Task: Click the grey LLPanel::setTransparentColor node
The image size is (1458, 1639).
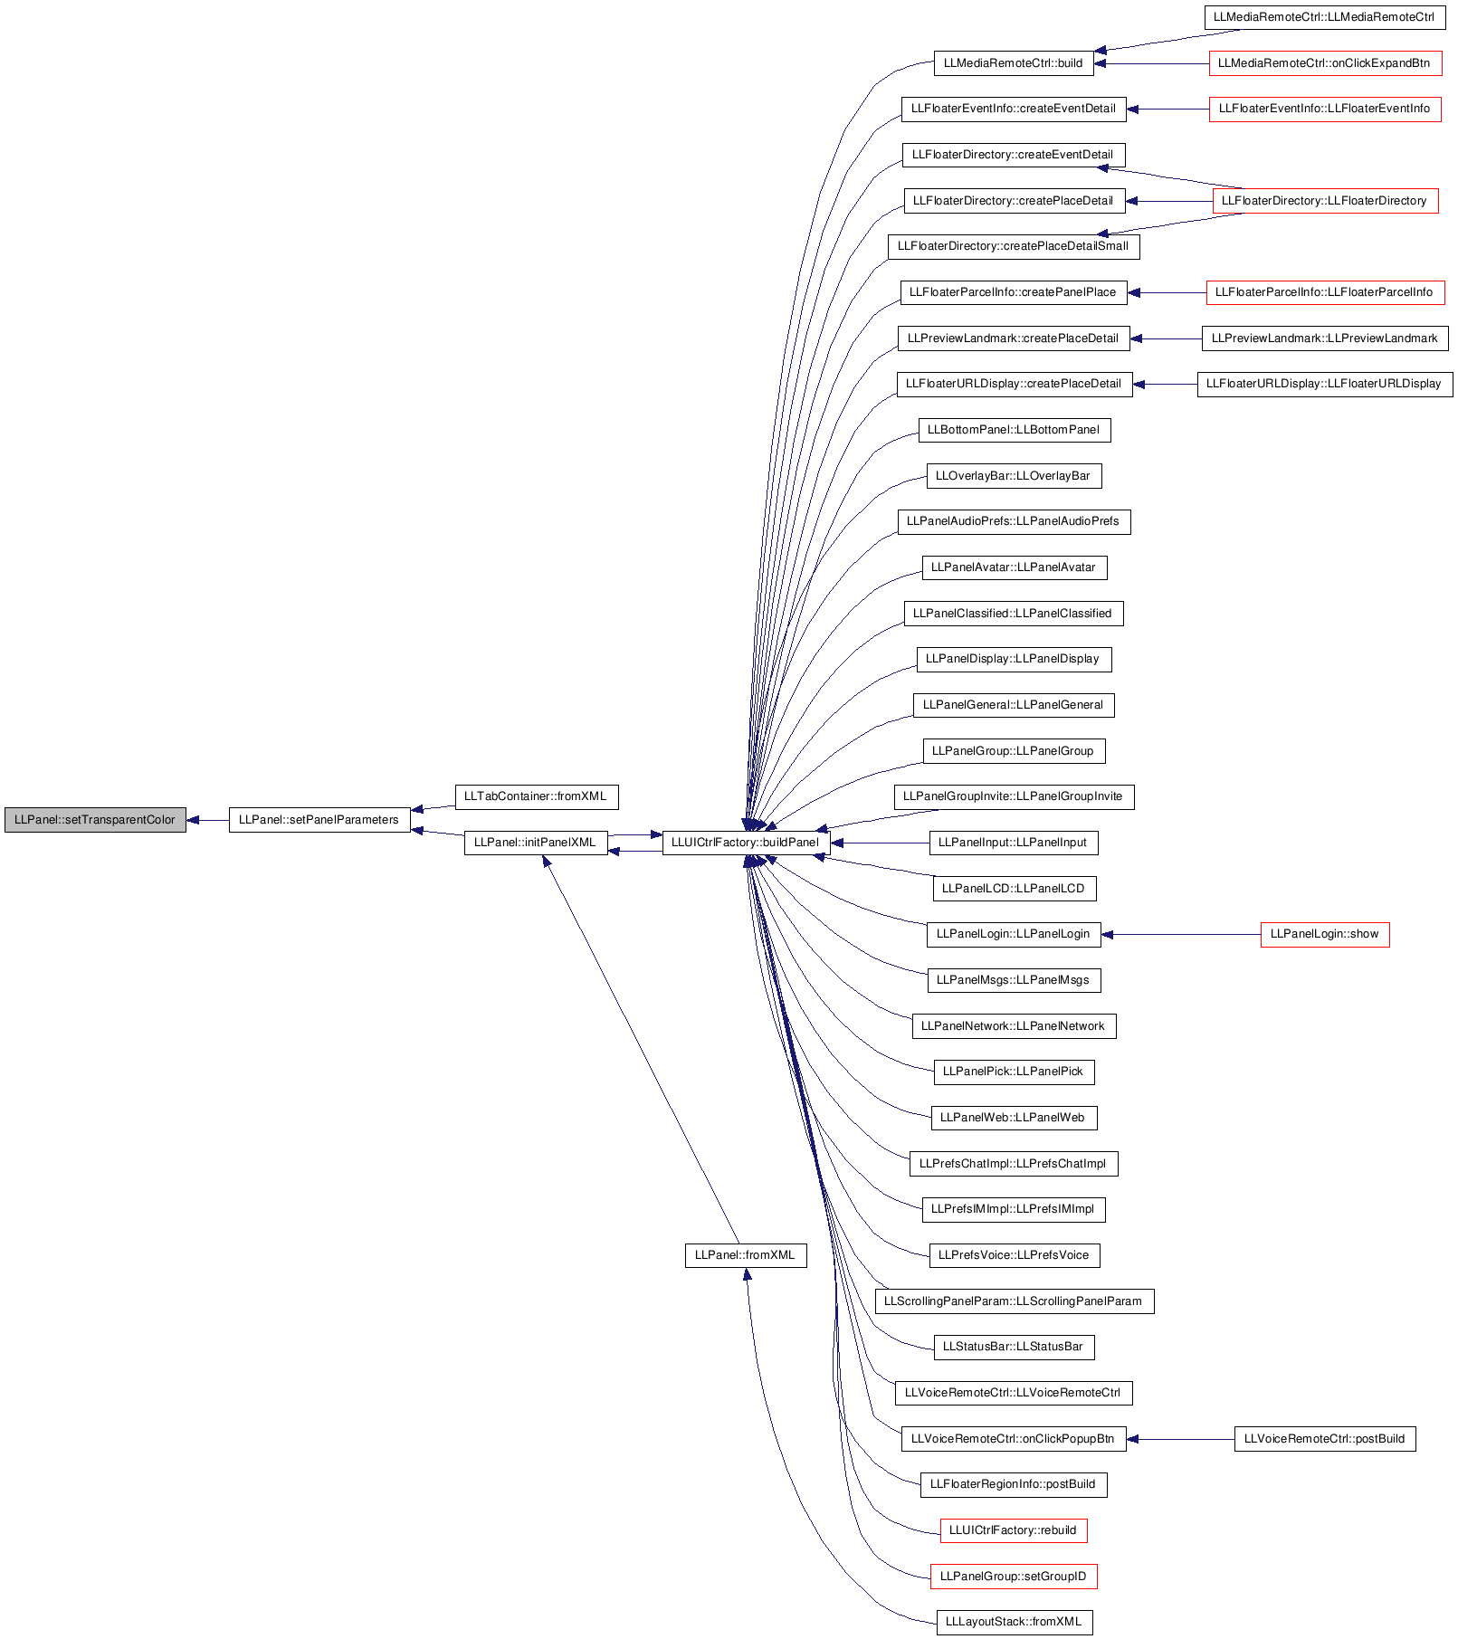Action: tap(95, 820)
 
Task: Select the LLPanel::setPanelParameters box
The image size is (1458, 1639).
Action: tap(319, 820)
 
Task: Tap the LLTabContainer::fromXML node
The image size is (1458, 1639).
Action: tap(536, 796)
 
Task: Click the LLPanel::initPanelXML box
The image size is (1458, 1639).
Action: tap(536, 843)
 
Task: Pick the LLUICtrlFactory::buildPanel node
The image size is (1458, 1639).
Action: tap(746, 843)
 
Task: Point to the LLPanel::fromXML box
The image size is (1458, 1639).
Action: tap(746, 1255)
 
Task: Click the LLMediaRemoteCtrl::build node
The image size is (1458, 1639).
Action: tap(1014, 63)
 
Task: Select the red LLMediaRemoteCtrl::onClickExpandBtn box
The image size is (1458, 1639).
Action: tap(1325, 63)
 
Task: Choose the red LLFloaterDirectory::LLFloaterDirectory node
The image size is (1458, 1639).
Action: tap(1325, 201)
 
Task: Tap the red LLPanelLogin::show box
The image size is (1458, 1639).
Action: tap(1325, 934)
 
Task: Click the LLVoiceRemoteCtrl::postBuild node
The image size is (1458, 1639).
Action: tap(1325, 1439)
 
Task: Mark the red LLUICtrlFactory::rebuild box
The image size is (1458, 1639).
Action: tap(1014, 1530)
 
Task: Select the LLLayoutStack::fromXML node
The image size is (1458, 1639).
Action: tap(1014, 1622)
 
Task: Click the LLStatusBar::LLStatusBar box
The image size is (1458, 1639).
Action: tap(1014, 1347)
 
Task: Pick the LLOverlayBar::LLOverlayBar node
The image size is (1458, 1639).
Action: tap(1014, 476)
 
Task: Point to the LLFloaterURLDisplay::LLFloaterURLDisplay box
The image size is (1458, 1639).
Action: tap(1325, 384)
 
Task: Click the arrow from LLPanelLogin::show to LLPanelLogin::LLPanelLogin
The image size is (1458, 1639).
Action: tap(1181, 934)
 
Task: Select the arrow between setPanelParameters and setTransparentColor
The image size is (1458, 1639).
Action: tap(207, 820)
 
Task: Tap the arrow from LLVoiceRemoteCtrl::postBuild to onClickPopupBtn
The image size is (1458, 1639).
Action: tap(1180, 1439)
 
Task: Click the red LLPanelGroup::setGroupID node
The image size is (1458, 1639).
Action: tap(1014, 1577)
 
